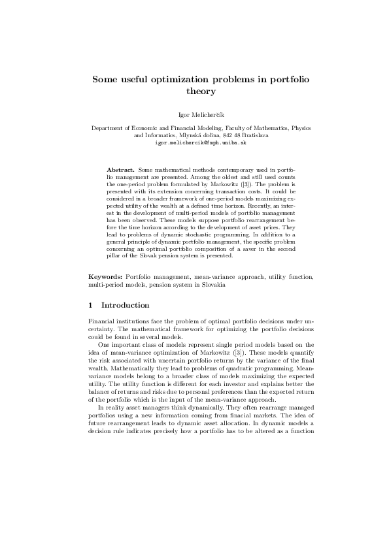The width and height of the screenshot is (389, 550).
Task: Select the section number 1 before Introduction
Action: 90,306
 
